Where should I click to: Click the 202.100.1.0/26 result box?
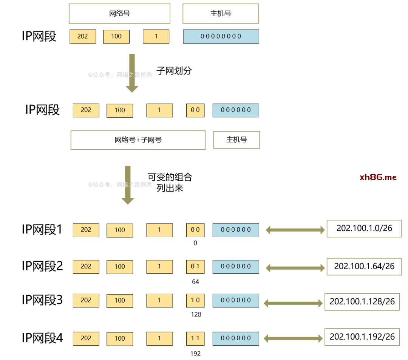364,228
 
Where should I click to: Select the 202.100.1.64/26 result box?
364,267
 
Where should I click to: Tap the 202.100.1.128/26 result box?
362,302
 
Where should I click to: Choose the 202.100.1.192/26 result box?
362,337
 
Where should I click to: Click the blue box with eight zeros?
221,36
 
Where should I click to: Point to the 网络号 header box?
119,14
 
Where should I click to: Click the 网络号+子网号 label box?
138,140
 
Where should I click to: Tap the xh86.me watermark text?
378,177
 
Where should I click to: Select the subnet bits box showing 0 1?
195,267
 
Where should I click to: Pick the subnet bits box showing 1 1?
195,338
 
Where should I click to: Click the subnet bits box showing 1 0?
195,300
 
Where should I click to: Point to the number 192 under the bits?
195,354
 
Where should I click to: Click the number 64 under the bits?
195,282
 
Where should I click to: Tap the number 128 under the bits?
196,315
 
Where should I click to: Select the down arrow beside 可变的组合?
128,185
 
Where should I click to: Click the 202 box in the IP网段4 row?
86,338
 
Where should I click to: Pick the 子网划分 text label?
174,71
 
